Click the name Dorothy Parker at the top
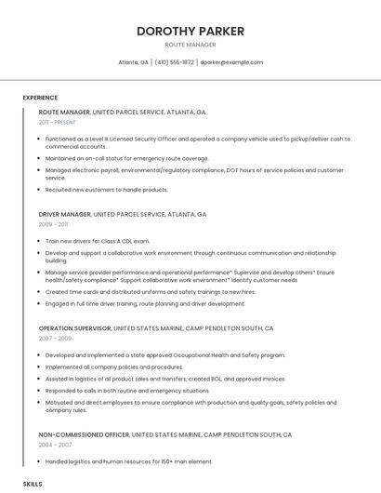(190, 31)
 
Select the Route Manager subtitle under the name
(190, 45)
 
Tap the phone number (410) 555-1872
(174, 62)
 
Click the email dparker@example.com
(231, 62)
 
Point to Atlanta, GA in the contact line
(133, 62)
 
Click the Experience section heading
(40, 98)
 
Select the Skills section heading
(33, 485)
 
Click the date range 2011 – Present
(59, 122)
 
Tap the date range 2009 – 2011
(53, 224)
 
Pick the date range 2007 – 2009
(55, 339)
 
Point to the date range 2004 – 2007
(55, 446)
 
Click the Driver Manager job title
(65, 214)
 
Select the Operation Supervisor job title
(75, 328)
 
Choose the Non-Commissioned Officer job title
(85, 435)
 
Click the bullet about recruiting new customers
(107, 190)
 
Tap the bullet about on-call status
(127, 158)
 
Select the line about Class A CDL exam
(98, 241)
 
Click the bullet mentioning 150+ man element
(129, 461)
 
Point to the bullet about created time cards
(150, 292)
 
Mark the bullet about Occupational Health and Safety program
(165, 355)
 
